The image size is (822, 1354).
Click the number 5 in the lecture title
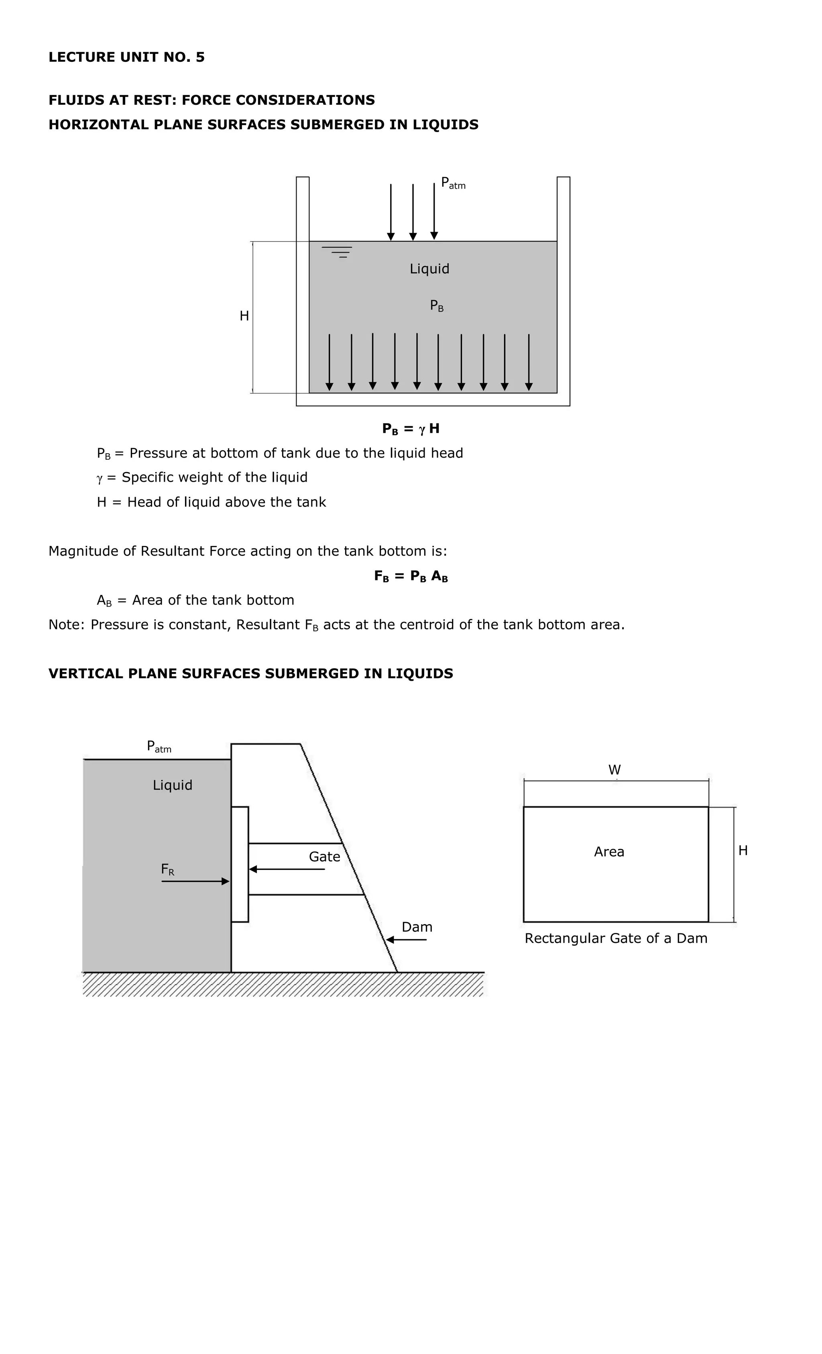pyautogui.click(x=200, y=57)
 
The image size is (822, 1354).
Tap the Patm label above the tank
pyautogui.click(x=453, y=183)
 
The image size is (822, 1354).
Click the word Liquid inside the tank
pyautogui.click(x=429, y=269)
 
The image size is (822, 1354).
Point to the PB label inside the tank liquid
pyautogui.click(x=437, y=305)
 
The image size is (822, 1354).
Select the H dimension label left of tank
pyautogui.click(x=244, y=316)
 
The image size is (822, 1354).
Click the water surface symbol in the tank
pyautogui.click(x=337, y=252)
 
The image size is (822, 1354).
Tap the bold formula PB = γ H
pyautogui.click(x=411, y=429)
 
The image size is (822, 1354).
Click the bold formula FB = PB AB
pyautogui.click(x=411, y=576)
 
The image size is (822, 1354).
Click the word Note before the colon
pyautogui.click(x=65, y=625)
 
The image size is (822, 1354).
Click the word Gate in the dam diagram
pyautogui.click(x=324, y=857)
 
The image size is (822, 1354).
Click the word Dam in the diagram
pyautogui.click(x=417, y=927)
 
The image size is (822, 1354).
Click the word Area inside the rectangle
pyautogui.click(x=609, y=852)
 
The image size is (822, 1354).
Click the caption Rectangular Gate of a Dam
pyautogui.click(x=615, y=938)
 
